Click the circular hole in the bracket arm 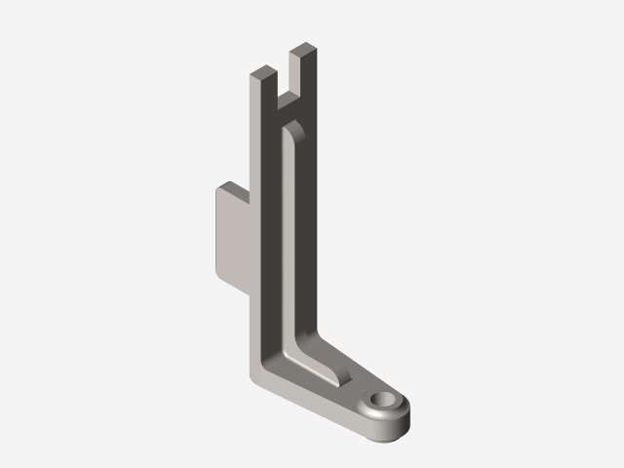385,401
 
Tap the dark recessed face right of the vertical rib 307,234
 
